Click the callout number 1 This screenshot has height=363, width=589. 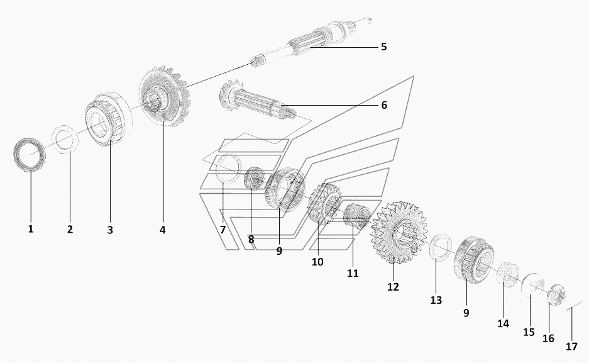pyautogui.click(x=31, y=228)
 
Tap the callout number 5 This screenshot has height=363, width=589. pyautogui.click(x=383, y=47)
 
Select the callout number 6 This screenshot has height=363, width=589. pyautogui.click(x=384, y=105)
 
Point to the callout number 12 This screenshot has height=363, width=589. pyautogui.click(x=393, y=287)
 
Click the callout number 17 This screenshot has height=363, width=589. pyautogui.click(x=571, y=346)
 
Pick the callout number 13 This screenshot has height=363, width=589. pyautogui.click(x=436, y=300)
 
